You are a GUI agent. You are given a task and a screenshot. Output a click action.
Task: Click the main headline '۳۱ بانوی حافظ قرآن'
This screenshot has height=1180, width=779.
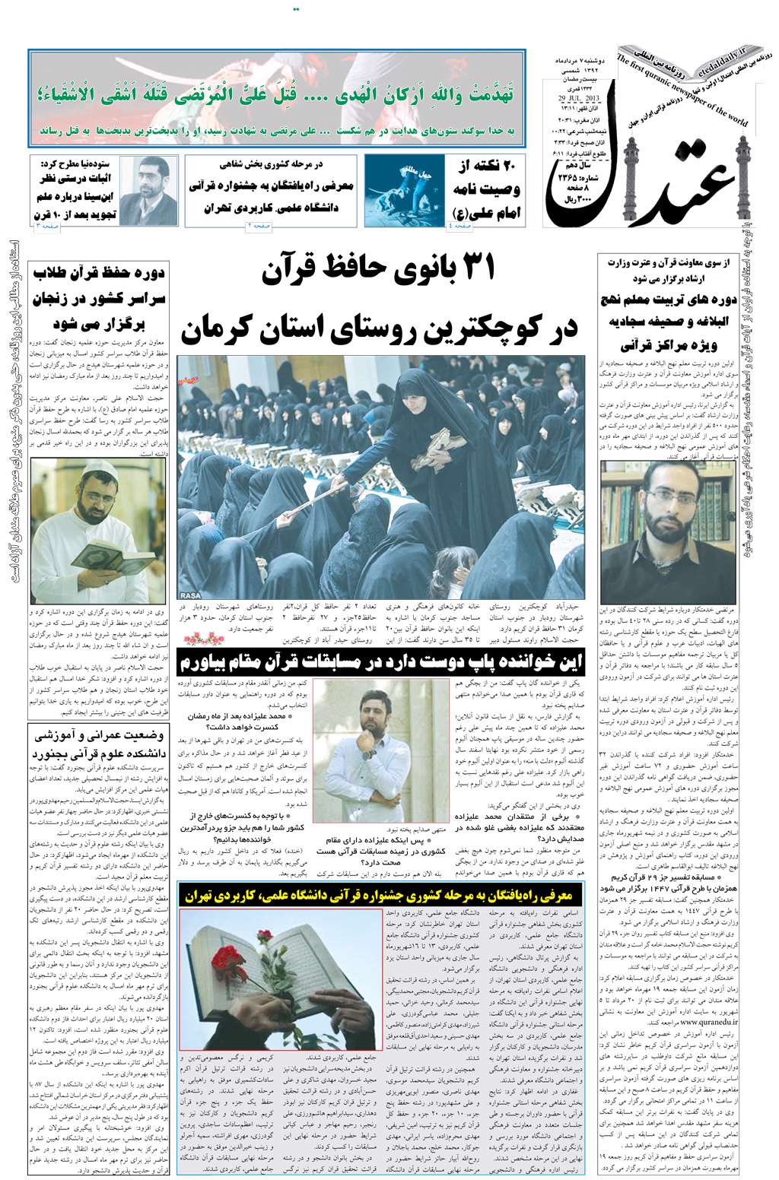pyautogui.click(x=379, y=271)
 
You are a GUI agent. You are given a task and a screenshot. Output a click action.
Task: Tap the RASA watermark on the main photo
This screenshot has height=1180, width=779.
pyautogui.click(x=190, y=594)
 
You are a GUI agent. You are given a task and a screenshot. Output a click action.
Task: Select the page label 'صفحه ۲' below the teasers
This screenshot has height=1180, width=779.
pyautogui.click(x=260, y=227)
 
